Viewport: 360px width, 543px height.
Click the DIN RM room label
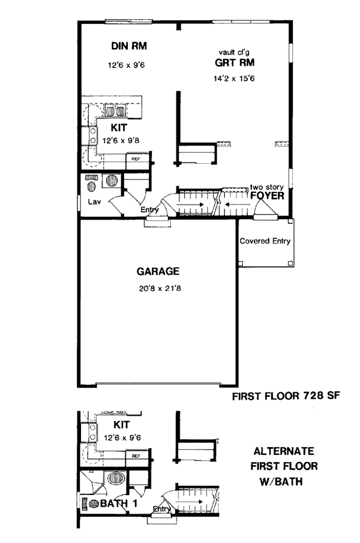tap(129, 46)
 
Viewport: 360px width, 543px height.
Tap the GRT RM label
tap(235, 62)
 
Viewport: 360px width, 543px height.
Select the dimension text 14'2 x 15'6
tap(234, 79)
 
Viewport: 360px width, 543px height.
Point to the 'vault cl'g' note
tap(234, 52)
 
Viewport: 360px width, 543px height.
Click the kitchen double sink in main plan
tap(115, 111)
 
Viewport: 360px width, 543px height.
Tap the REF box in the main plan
tap(136, 159)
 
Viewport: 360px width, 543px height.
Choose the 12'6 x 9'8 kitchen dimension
tap(121, 140)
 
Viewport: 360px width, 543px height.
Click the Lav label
tap(94, 202)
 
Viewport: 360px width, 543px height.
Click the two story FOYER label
tap(267, 192)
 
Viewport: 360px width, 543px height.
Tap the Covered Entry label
tap(265, 241)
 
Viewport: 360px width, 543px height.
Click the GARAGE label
tap(158, 271)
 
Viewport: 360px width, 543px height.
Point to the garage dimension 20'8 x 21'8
tap(160, 288)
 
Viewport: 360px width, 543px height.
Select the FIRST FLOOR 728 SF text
tap(286, 395)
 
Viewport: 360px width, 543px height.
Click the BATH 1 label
tap(119, 503)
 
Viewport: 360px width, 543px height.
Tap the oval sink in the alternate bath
tap(116, 478)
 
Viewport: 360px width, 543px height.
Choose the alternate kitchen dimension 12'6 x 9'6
tap(122, 438)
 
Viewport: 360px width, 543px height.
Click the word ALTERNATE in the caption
tap(284, 451)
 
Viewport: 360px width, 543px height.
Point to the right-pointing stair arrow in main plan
tap(190, 205)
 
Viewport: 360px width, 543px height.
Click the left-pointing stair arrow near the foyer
tap(238, 205)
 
